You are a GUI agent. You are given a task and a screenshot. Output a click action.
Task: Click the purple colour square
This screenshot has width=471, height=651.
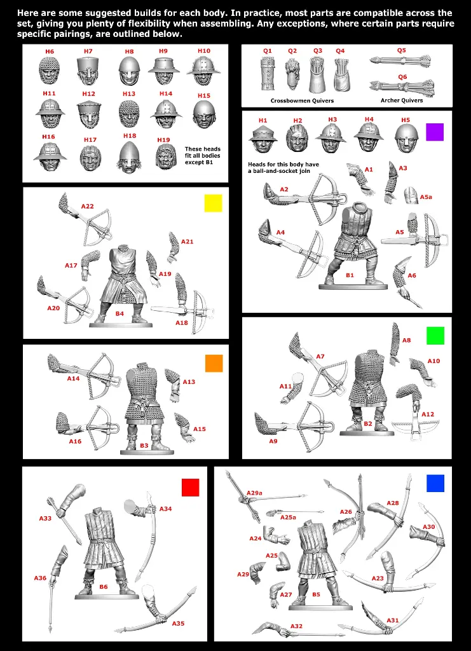click(x=434, y=132)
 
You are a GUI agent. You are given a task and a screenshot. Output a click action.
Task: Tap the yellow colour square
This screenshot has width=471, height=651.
click(x=213, y=203)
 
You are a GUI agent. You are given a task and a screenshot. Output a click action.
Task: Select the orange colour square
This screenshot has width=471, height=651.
click(x=214, y=363)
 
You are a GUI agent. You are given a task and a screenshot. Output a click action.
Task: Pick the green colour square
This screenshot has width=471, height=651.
click(x=435, y=336)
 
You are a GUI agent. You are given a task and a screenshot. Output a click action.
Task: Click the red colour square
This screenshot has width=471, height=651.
click(x=190, y=487)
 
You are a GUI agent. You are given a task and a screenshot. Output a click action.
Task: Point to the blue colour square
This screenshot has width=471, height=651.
click(x=435, y=483)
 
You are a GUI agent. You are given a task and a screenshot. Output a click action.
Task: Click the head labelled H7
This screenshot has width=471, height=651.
click(x=88, y=71)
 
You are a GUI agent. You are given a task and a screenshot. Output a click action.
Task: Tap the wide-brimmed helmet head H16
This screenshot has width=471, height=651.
click(x=48, y=155)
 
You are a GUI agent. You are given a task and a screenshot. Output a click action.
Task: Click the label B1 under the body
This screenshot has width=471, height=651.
click(x=350, y=275)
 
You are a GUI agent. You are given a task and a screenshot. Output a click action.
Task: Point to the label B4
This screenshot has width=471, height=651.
click(x=119, y=313)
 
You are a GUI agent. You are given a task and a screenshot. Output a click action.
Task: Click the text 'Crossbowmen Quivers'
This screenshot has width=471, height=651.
click(x=302, y=100)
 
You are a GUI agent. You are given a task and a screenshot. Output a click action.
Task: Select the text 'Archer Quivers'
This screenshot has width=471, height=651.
click(x=401, y=100)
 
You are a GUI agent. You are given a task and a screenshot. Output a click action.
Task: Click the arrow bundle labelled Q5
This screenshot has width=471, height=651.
click(x=400, y=62)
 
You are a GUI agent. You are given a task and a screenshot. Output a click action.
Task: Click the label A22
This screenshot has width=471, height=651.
click(x=88, y=206)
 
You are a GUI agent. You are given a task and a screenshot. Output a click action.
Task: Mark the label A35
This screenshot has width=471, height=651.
click(x=178, y=623)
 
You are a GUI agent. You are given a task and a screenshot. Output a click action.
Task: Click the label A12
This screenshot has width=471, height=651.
click(x=428, y=415)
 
